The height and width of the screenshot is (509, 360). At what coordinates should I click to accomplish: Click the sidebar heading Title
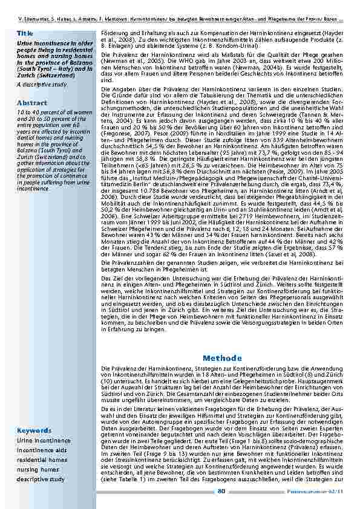pyautogui.click(x=25, y=32)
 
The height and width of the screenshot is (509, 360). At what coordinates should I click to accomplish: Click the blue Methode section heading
pyautogui.click(x=223, y=358)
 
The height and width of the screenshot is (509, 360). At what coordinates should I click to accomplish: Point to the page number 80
pyautogui.click(x=221, y=490)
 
